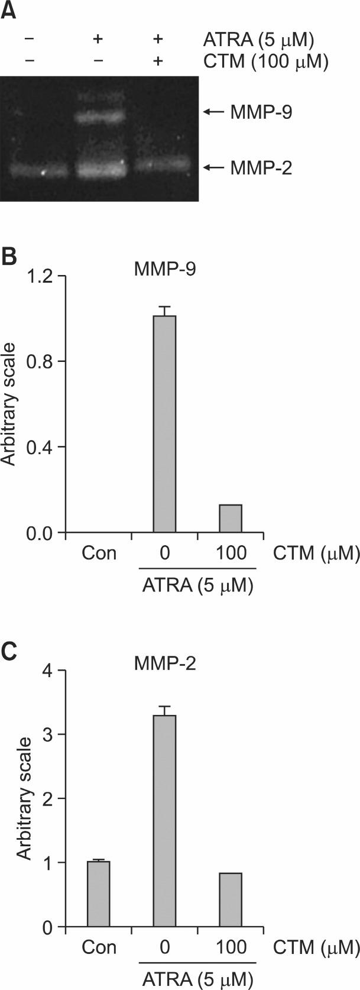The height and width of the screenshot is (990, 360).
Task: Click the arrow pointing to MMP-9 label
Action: (x=218, y=111)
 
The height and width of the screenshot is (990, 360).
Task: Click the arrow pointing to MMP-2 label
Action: (x=218, y=168)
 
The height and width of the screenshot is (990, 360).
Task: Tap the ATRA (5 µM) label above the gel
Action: (x=258, y=40)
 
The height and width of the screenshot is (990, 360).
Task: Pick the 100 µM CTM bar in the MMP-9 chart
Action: (x=231, y=518)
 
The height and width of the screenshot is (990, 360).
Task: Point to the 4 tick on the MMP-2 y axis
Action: (x=50, y=671)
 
